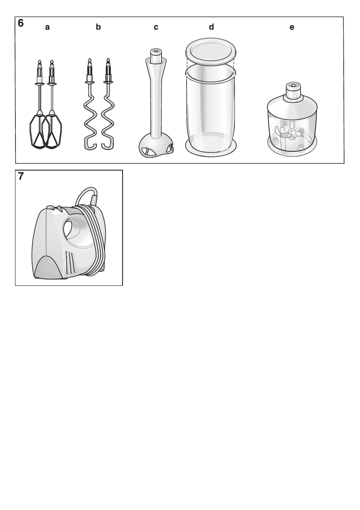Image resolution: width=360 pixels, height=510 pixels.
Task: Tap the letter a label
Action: coord(48,27)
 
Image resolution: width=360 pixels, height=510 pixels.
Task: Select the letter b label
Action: coord(98,27)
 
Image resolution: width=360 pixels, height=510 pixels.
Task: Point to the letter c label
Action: coord(156,27)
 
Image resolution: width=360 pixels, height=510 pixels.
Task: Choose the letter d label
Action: coord(211,27)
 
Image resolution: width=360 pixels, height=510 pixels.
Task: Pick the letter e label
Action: coord(292,27)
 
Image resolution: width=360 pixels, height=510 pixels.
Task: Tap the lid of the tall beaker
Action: coord(210,51)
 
